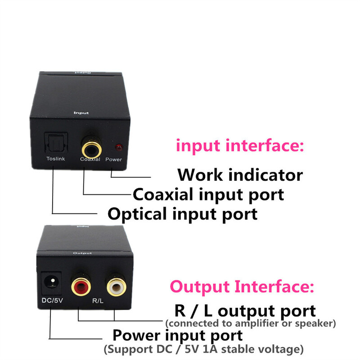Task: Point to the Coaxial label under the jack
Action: [x=90, y=159]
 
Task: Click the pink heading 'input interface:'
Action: [x=240, y=146]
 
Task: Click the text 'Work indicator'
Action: [x=240, y=174]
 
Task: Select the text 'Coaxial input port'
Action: [x=208, y=194]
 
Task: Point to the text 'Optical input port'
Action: [x=183, y=213]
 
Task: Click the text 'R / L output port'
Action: [x=244, y=310]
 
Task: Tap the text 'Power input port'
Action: [x=177, y=335]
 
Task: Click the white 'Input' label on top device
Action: [x=81, y=113]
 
